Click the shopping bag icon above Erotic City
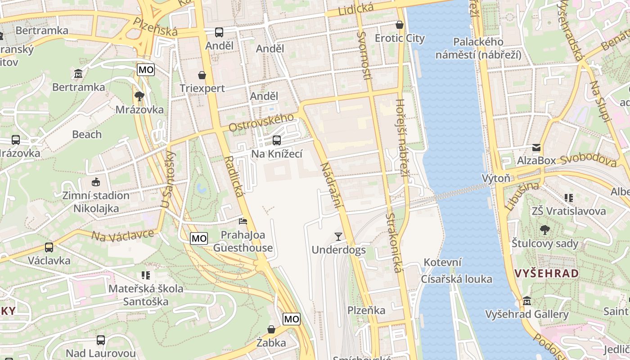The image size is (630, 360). tap(399, 25)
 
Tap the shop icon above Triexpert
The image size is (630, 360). tap(202, 75)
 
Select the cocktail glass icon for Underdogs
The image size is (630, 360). tap(338, 236)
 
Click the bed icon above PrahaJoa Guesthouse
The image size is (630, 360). tap(243, 221)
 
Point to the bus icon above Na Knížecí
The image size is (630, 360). tap(277, 140)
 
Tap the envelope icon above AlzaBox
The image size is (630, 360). tap(536, 148)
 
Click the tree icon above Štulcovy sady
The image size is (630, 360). tap(544, 230)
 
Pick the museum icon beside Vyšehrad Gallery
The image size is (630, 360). tap(527, 301)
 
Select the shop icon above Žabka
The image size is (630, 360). tap(271, 329)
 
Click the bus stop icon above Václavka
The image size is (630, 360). tap(49, 247)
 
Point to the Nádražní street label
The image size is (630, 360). tap(332, 186)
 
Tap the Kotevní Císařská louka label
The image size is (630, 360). tap(456, 271)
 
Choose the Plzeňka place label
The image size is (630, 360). tap(366, 310)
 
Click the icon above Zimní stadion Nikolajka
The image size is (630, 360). tap(95, 182)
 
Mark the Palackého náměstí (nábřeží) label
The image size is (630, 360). tap(478, 48)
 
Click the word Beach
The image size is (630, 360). tap(87, 135)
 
